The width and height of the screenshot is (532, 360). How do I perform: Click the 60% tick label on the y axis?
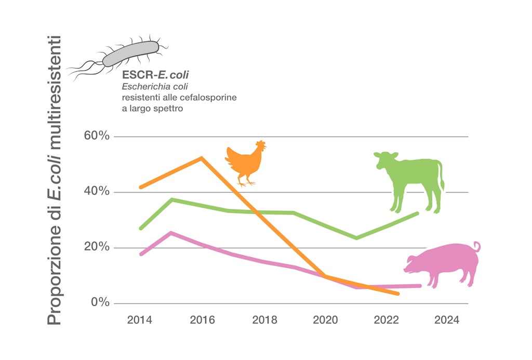point(97,136)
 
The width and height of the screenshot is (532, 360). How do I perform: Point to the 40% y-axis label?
point(97,192)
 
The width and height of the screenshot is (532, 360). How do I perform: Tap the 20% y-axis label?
point(97,247)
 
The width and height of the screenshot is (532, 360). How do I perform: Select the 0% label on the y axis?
point(100,302)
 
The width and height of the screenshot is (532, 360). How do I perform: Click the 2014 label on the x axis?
point(140,320)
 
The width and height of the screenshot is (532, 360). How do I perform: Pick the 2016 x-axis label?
point(202,320)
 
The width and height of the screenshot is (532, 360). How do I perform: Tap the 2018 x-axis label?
point(264,320)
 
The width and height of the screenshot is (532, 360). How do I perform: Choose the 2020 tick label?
point(325,320)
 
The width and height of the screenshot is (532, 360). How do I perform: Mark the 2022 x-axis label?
point(387,320)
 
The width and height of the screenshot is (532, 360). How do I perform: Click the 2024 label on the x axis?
point(447,320)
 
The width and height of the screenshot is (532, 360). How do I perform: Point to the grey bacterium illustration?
point(130,54)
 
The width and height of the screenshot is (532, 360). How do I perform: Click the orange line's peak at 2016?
point(202,157)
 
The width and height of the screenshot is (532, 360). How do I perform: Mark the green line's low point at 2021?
point(356,238)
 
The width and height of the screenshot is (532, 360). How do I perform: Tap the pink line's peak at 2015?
point(171,233)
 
